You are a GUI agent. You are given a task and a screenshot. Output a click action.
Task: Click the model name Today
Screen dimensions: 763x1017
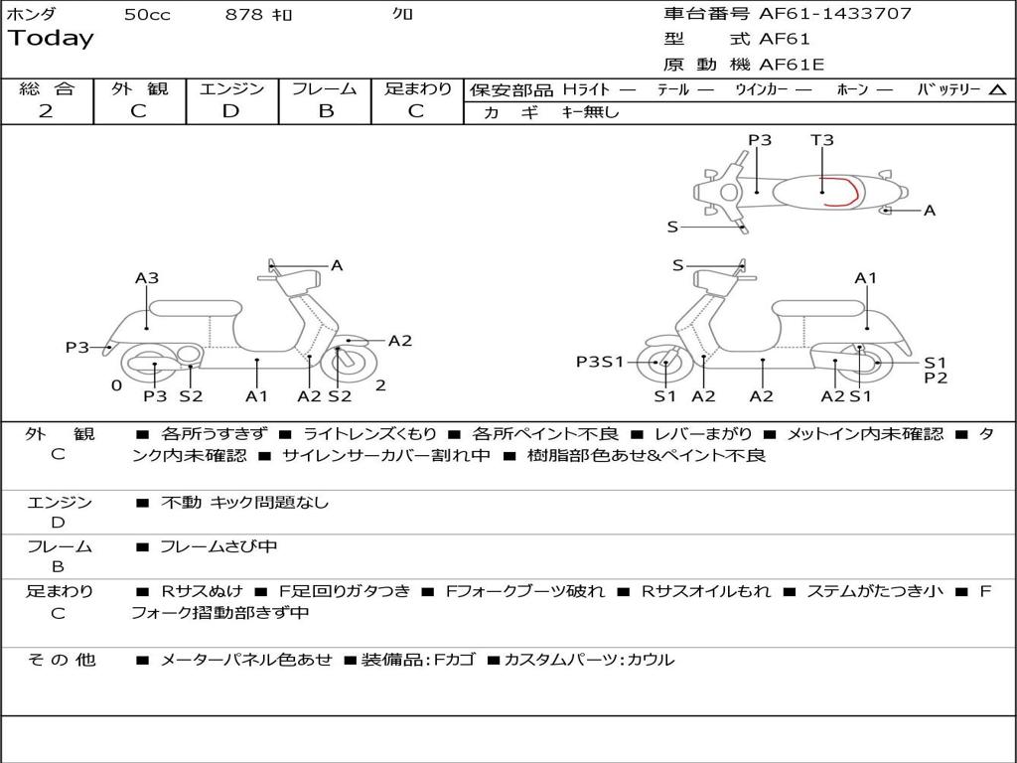click(x=51, y=39)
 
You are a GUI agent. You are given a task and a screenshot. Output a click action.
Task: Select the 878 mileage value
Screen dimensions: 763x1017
click(x=243, y=15)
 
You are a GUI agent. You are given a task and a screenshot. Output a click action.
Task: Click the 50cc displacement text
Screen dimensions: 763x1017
click(x=147, y=15)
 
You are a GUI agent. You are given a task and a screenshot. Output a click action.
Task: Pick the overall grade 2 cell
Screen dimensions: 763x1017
click(x=46, y=111)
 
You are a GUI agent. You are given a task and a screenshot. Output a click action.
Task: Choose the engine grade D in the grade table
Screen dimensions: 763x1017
click(x=230, y=111)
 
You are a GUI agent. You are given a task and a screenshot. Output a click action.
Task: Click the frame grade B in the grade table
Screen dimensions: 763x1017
click(x=325, y=111)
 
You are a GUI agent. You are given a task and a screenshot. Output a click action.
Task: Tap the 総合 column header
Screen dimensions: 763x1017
click(x=46, y=89)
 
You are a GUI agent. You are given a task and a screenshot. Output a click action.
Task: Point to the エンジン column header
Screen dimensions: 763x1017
click(x=231, y=89)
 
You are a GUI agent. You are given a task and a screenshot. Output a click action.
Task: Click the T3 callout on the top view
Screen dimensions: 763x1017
click(x=821, y=140)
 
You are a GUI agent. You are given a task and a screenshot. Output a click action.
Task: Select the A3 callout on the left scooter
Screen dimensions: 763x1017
click(x=147, y=278)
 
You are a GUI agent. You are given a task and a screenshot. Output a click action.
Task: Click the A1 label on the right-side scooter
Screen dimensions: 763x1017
click(x=866, y=278)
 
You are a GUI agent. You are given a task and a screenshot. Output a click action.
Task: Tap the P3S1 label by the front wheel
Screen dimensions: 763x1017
click(x=600, y=362)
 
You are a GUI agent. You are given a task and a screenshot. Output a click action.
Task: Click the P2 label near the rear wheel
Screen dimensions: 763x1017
click(x=936, y=379)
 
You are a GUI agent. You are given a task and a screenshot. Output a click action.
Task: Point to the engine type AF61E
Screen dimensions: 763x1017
click(x=792, y=66)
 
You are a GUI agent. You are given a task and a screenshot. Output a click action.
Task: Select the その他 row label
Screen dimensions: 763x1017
click(x=61, y=660)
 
